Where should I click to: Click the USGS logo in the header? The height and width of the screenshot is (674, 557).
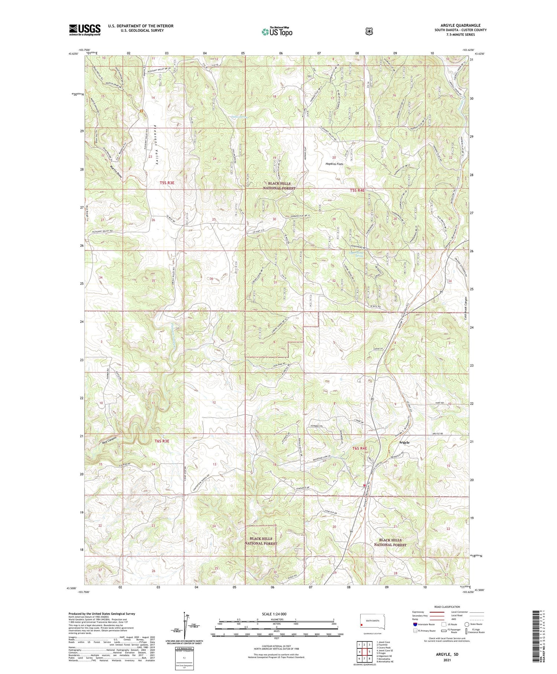point(85,30)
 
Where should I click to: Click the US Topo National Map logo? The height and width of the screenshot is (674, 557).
point(277,32)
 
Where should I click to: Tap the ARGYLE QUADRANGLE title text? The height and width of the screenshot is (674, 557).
point(460,25)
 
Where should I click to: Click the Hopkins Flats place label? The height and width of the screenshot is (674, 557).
point(334,164)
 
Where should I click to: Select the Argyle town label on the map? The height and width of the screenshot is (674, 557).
point(404,442)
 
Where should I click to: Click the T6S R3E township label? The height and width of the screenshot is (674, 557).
point(162,441)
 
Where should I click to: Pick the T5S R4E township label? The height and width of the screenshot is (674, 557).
point(358,190)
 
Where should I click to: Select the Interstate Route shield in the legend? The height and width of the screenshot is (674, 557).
point(415,625)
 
